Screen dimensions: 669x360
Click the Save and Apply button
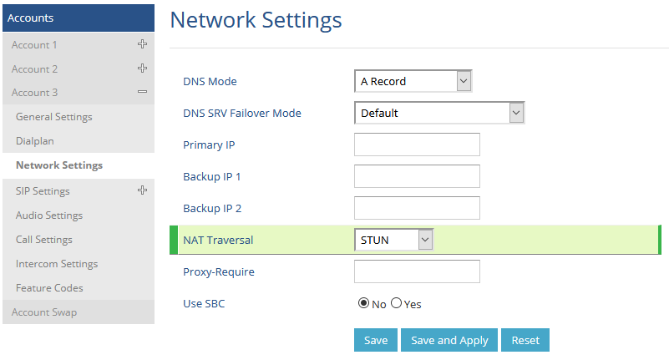click(x=449, y=340)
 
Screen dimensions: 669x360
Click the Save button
click(x=376, y=340)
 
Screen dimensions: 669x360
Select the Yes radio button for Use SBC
click(x=397, y=303)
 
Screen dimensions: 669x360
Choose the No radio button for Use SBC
click(x=363, y=303)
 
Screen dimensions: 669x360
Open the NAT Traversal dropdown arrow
click(x=425, y=240)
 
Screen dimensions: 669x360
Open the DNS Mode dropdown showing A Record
click(x=413, y=81)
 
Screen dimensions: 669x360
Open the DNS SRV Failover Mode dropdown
click(x=439, y=113)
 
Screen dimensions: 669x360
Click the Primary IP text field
click(x=417, y=145)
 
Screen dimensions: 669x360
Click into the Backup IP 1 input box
click(x=417, y=176)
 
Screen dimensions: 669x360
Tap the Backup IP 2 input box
click(x=417, y=208)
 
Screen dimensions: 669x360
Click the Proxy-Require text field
click(x=417, y=271)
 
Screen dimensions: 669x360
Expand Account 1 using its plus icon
click(x=143, y=44)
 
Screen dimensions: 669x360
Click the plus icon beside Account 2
click(x=143, y=68)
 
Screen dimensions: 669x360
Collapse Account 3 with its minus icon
click(x=143, y=92)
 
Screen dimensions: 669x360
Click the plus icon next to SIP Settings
click(x=143, y=190)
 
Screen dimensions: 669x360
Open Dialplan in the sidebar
click(x=35, y=141)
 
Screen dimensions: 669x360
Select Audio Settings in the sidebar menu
click(x=49, y=215)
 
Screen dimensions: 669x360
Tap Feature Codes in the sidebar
click(x=49, y=288)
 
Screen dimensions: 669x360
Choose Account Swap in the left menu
click(x=44, y=312)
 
